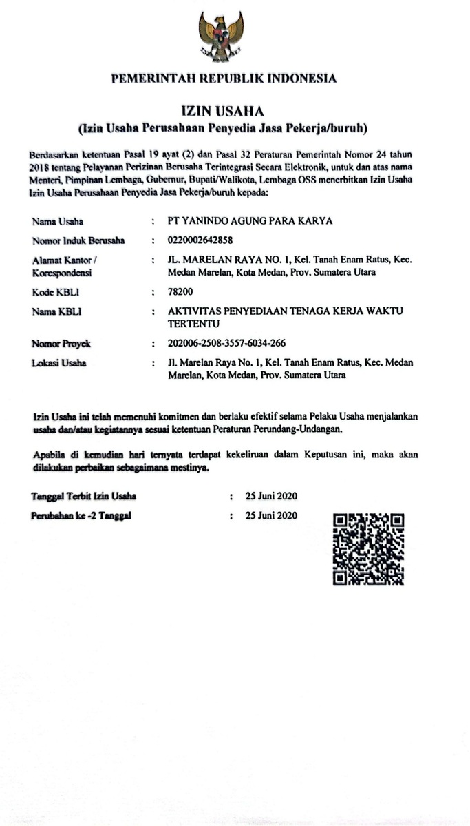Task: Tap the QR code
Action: click(368, 549)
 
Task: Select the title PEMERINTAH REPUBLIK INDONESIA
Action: click(224, 79)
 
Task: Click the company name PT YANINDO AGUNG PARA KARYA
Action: click(250, 221)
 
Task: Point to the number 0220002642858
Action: click(200, 240)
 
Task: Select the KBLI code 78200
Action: click(181, 292)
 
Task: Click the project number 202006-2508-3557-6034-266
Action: click(226, 343)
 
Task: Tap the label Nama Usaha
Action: click(57, 221)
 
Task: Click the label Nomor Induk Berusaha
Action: click(77, 240)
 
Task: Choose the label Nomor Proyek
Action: click(61, 343)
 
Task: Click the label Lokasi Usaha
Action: click(58, 362)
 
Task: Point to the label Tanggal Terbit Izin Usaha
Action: click(83, 496)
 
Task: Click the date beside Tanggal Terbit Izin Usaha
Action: click(271, 496)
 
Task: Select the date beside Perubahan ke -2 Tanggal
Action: click(271, 515)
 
